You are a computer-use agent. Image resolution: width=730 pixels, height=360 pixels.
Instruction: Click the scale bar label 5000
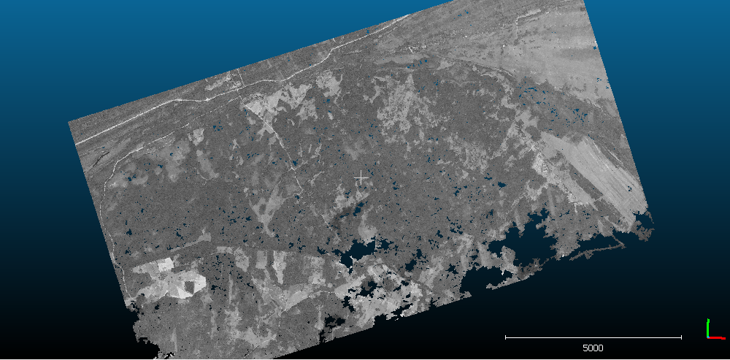(593, 348)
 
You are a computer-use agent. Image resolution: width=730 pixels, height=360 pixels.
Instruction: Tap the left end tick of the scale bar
(506, 337)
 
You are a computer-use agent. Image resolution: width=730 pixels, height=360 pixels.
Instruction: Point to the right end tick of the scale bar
(681, 337)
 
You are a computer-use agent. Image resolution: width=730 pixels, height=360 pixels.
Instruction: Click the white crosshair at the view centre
(361, 177)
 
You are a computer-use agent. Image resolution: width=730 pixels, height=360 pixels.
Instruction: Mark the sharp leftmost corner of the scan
(69, 121)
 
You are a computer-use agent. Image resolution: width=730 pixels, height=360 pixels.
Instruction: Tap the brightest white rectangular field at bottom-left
(163, 264)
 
